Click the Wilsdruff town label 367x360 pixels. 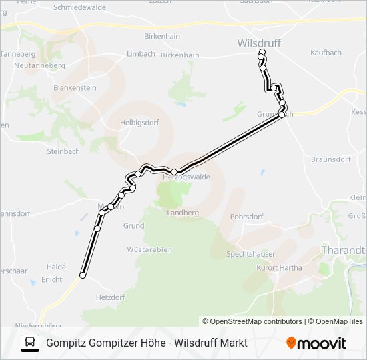[x=260, y=43]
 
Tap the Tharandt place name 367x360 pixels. [x=343, y=250]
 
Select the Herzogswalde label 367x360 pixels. [x=186, y=177]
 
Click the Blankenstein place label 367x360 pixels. [x=75, y=87]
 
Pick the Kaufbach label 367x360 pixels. [x=326, y=52]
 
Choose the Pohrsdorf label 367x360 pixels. [x=247, y=217]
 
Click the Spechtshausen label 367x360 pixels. [x=251, y=254]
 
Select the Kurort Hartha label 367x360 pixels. [x=279, y=268]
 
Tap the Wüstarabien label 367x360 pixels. [x=149, y=250]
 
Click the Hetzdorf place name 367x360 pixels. [x=111, y=297]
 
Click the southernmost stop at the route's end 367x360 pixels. [x=83, y=275]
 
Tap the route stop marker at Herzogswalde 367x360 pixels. [x=174, y=172]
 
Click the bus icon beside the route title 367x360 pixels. [x=30, y=343]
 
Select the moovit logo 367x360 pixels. [x=316, y=343]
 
